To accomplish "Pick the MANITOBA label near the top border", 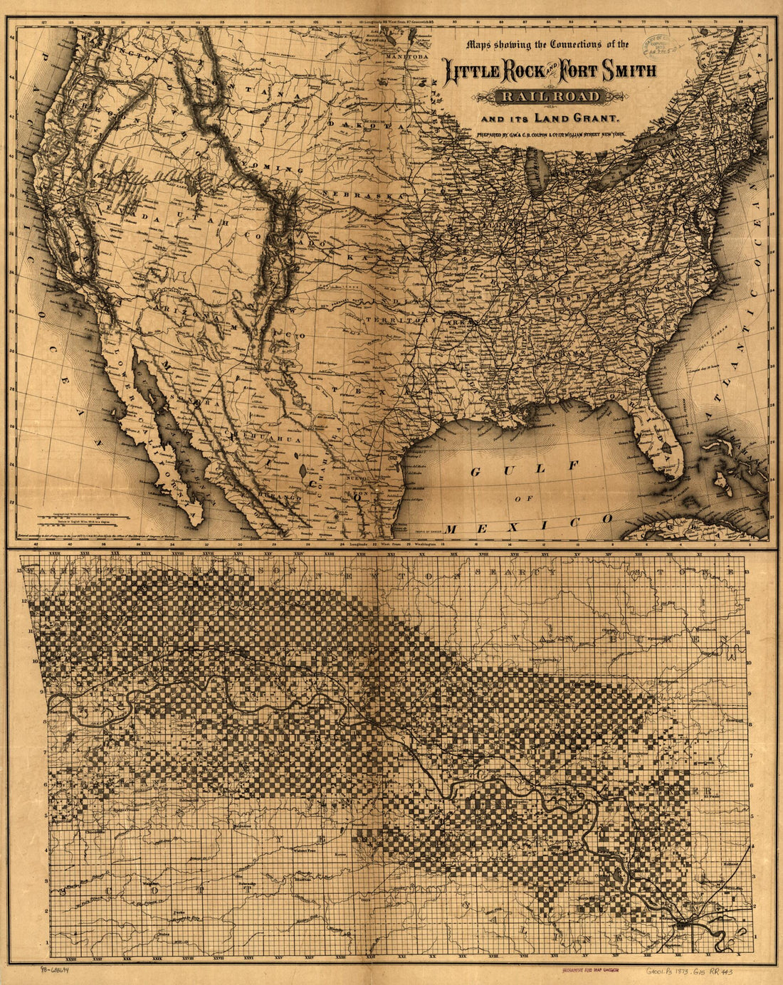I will pos(406,55).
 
